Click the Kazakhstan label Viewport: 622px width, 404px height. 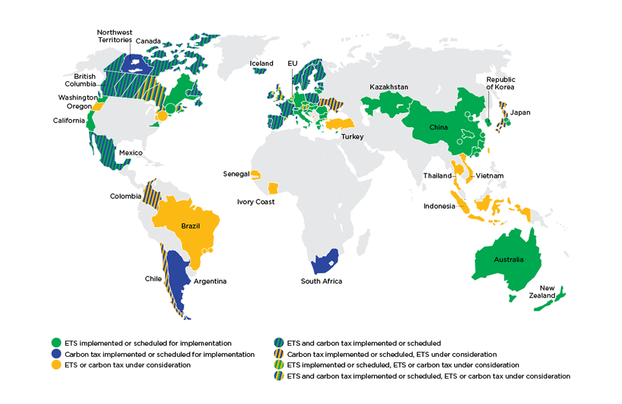389,87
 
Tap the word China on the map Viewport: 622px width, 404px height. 439,127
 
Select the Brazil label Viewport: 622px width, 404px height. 190,226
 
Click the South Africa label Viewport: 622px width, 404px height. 321,282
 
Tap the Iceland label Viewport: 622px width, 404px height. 261,63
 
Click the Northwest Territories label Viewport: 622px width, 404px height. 114,36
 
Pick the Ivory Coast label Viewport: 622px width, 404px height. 256,202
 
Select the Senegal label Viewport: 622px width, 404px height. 236,174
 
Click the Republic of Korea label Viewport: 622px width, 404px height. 501,83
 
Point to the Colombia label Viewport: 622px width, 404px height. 126,196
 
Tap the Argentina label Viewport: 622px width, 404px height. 210,282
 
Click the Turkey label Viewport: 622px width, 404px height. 351,137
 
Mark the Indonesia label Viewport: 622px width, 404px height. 439,206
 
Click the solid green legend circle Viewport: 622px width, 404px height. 57,343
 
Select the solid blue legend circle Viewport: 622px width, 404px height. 57,354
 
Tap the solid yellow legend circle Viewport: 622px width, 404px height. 57,365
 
